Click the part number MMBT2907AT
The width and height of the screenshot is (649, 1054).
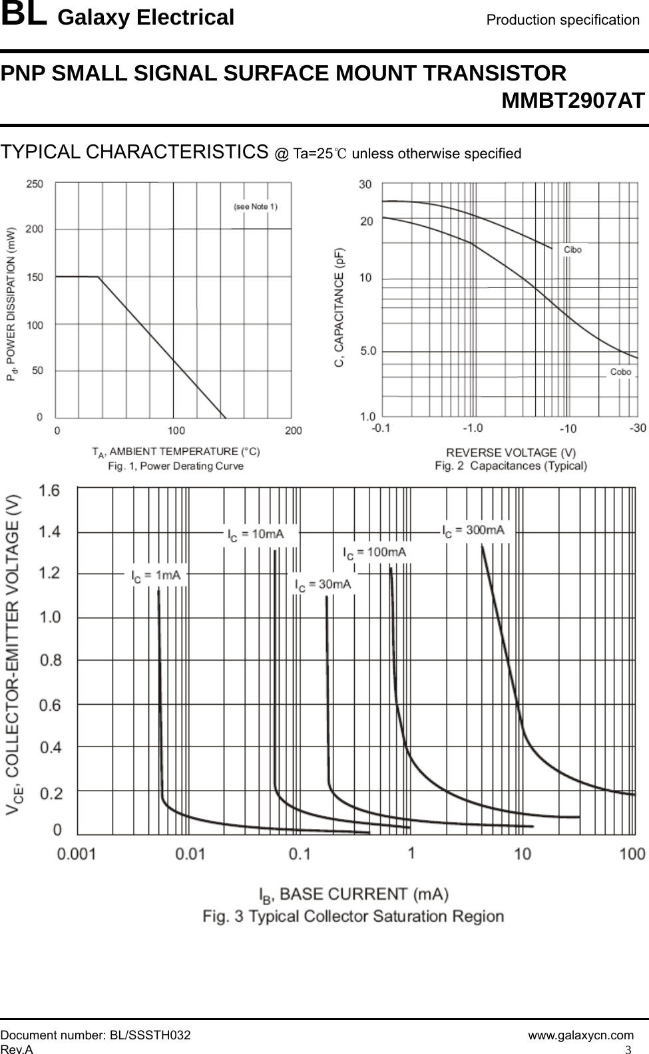tap(572, 101)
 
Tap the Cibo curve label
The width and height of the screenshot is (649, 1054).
tap(572, 250)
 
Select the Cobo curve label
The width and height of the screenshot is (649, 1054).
tap(620, 372)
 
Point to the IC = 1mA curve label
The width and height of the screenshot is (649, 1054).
tap(156, 576)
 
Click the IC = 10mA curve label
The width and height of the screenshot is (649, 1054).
tap(256, 534)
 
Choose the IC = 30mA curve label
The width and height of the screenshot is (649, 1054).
tap(324, 585)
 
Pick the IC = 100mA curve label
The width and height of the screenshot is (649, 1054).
tap(375, 552)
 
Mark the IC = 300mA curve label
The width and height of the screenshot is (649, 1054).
tap(474, 530)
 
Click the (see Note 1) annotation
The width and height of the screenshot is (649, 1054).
tap(256, 206)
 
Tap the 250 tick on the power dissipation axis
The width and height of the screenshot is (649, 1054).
tap(35, 184)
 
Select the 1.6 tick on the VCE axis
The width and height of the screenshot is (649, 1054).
tap(50, 491)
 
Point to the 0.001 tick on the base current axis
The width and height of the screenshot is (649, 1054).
tap(77, 854)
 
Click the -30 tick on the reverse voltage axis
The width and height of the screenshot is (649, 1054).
tap(637, 428)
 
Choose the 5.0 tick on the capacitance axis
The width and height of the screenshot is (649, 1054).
tap(368, 351)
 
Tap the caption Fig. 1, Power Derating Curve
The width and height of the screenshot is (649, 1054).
tap(176, 466)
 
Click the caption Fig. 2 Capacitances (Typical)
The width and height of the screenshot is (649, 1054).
tap(511, 466)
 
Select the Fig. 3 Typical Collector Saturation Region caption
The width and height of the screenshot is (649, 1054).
tap(353, 916)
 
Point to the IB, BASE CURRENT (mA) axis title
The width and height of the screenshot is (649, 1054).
tap(353, 894)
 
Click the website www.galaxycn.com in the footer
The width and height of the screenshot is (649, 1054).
tap(580, 1035)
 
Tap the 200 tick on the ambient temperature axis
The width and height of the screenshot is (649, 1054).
tap(293, 431)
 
